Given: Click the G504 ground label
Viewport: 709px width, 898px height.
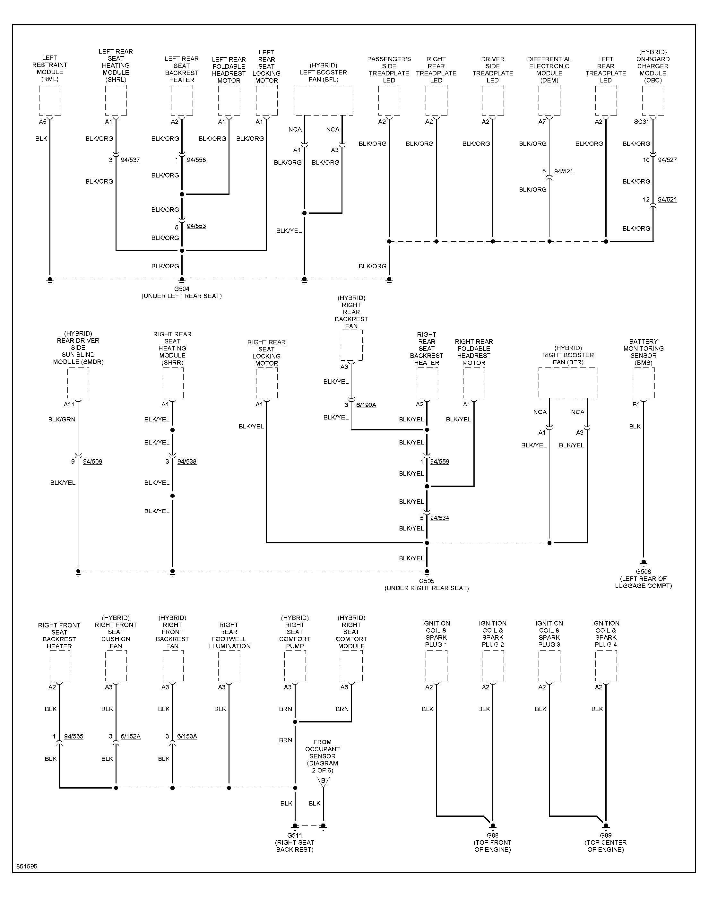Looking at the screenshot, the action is (181, 289).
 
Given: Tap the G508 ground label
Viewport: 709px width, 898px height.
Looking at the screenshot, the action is (644, 571).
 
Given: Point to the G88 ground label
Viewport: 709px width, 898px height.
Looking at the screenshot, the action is (493, 835).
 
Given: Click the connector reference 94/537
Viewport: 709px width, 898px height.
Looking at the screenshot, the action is (130, 160).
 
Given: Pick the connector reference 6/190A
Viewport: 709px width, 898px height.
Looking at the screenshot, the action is (366, 405).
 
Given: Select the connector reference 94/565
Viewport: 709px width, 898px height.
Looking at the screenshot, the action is (74, 736).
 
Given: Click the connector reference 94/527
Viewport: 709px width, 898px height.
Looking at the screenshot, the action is (668, 160).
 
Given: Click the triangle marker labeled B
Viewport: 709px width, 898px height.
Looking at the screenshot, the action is (323, 782).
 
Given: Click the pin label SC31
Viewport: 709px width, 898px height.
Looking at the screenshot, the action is (641, 122).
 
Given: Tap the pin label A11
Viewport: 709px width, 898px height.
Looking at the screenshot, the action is (69, 404).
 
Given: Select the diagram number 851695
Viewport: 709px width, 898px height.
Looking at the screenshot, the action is (27, 867).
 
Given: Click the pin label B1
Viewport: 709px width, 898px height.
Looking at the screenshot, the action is (636, 404).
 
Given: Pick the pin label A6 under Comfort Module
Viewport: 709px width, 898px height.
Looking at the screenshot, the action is (344, 687).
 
